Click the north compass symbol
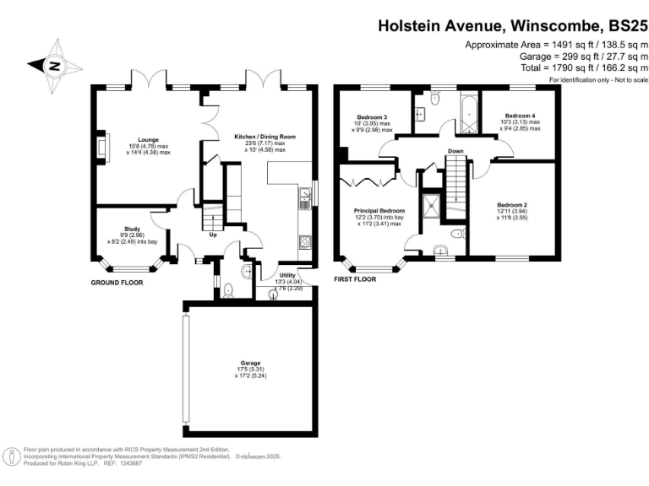click(x=53, y=66)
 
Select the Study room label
click(x=131, y=229)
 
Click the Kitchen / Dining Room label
click(x=265, y=137)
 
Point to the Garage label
click(x=250, y=364)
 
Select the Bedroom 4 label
click(x=520, y=116)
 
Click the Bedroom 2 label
click(x=512, y=205)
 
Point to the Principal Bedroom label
click(x=379, y=210)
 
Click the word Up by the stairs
click(x=214, y=235)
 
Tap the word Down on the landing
click(x=455, y=152)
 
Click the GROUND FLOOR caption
click(x=117, y=283)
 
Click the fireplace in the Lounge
click(x=102, y=148)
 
